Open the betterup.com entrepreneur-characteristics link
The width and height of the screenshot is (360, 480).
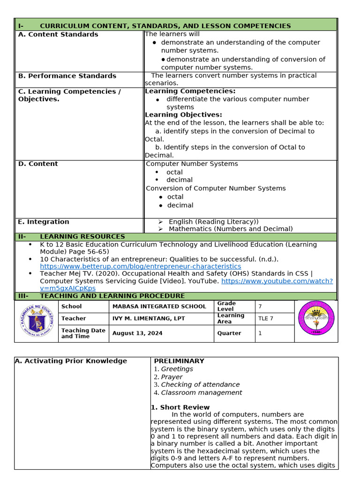click(141, 266)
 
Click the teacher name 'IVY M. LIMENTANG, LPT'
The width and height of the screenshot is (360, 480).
click(149, 319)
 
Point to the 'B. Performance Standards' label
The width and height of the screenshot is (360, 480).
click(67, 76)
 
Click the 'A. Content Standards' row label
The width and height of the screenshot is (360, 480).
click(58, 35)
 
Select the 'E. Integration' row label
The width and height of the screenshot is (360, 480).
click(43, 222)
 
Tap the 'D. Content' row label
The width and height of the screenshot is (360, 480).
click(38, 164)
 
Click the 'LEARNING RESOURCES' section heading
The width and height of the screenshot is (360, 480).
click(82, 237)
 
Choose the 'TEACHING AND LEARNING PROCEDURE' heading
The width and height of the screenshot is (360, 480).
click(112, 296)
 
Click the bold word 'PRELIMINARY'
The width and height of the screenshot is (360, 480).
click(179, 361)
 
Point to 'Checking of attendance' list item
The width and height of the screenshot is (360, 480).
click(200, 385)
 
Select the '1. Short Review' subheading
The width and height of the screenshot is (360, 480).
click(180, 407)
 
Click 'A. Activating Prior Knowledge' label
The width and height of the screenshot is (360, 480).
click(71, 361)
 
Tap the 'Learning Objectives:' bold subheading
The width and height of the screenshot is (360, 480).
click(183, 115)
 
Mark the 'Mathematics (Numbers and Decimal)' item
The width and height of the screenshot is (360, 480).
click(231, 229)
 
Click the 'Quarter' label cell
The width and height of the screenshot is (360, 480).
click(229, 333)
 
